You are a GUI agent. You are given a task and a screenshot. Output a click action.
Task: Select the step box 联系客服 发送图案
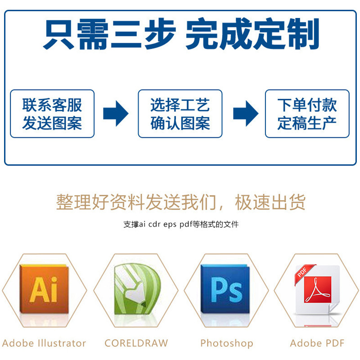click(52, 113)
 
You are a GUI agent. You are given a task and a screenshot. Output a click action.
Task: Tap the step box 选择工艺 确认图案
click(180, 113)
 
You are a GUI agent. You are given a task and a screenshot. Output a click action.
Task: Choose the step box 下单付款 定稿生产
click(307, 113)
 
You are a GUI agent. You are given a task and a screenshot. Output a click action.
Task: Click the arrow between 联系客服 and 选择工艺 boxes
click(116, 113)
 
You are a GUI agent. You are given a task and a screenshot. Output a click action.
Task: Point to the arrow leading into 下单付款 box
click(245, 113)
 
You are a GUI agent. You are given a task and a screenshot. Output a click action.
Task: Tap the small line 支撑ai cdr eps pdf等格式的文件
click(180, 224)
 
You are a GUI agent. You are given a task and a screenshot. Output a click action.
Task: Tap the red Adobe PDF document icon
click(316, 290)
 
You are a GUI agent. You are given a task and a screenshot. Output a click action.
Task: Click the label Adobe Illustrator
click(44, 343)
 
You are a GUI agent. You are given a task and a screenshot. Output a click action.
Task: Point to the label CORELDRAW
click(136, 343)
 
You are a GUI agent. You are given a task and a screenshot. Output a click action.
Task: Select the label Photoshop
click(226, 343)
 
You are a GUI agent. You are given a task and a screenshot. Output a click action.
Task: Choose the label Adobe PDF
click(317, 343)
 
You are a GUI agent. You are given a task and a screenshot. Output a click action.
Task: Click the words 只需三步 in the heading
click(109, 34)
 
